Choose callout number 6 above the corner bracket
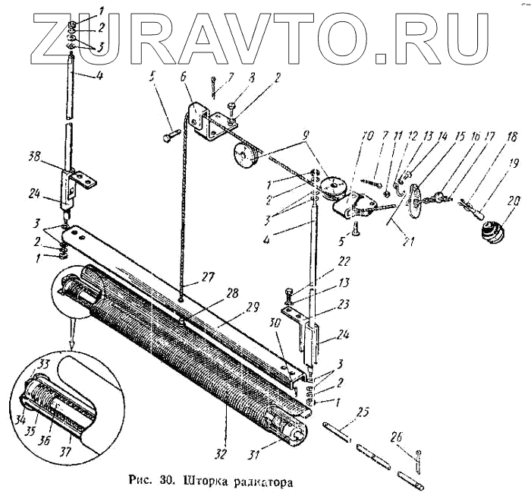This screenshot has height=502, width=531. coord(184,77)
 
